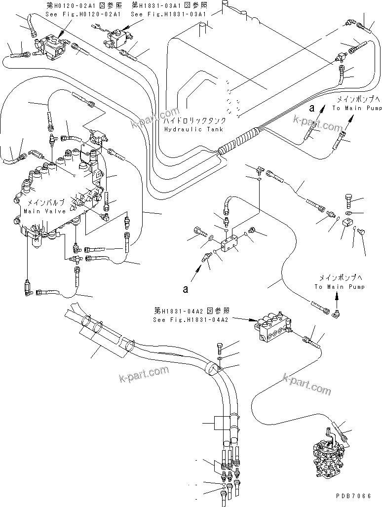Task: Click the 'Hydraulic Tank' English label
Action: (194, 129)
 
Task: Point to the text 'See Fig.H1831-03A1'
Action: (169, 14)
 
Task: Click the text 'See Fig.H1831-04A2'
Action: (191, 319)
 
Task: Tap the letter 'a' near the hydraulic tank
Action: (311, 106)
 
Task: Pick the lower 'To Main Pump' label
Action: (340, 287)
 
